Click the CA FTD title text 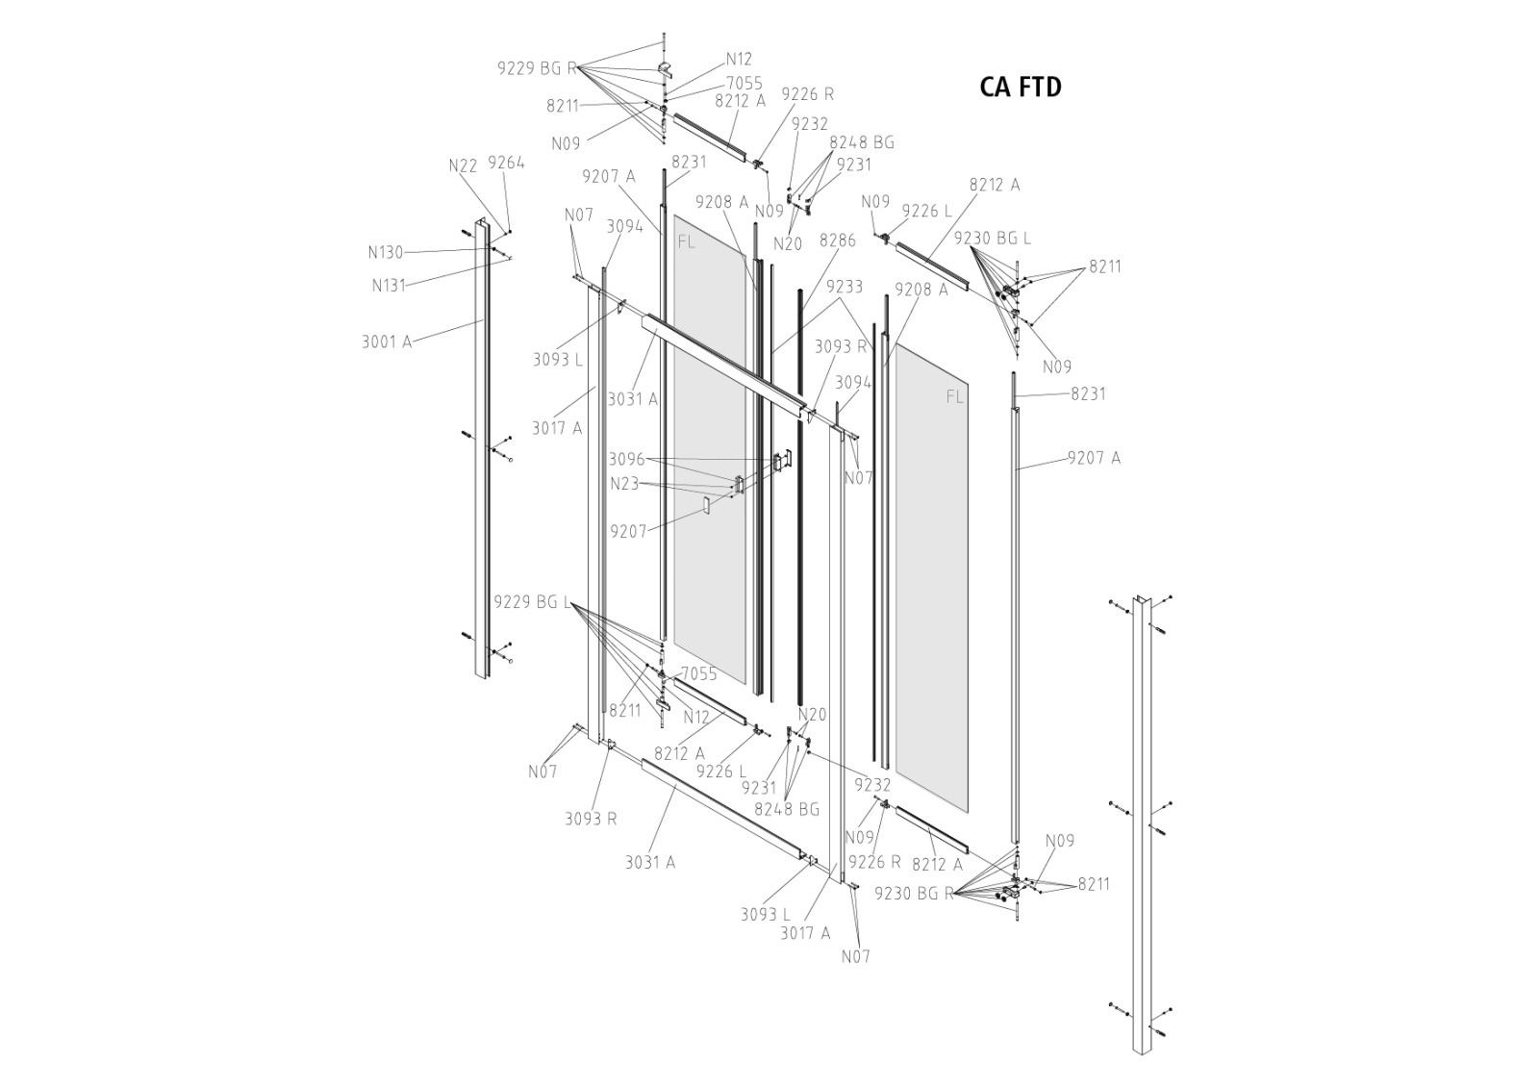point(1021,88)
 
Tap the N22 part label point(463,165)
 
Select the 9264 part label point(506,163)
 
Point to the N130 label point(386,253)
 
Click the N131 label point(389,285)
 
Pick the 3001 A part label point(387,342)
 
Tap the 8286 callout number point(837,241)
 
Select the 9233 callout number point(844,287)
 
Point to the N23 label point(624,484)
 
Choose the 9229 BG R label point(537,68)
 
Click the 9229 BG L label point(532,602)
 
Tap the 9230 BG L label point(992,238)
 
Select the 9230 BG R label point(914,893)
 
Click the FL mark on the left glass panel point(686,241)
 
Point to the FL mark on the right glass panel point(954,396)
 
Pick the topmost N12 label point(739,60)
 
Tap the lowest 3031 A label point(650,862)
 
